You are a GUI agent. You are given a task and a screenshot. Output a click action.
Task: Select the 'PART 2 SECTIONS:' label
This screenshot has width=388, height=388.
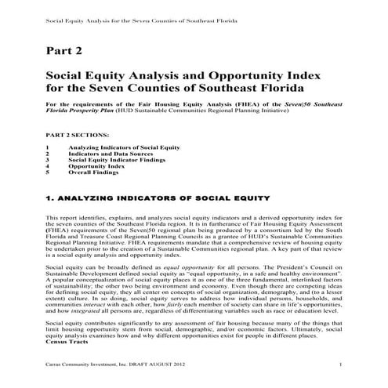point(76,135)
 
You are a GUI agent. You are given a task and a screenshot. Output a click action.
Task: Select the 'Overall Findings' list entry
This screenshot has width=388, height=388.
point(95,172)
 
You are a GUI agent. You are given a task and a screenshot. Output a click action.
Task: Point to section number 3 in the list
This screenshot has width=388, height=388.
point(48,160)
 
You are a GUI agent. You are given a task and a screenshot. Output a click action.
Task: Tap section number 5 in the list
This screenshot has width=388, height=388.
point(48,172)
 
